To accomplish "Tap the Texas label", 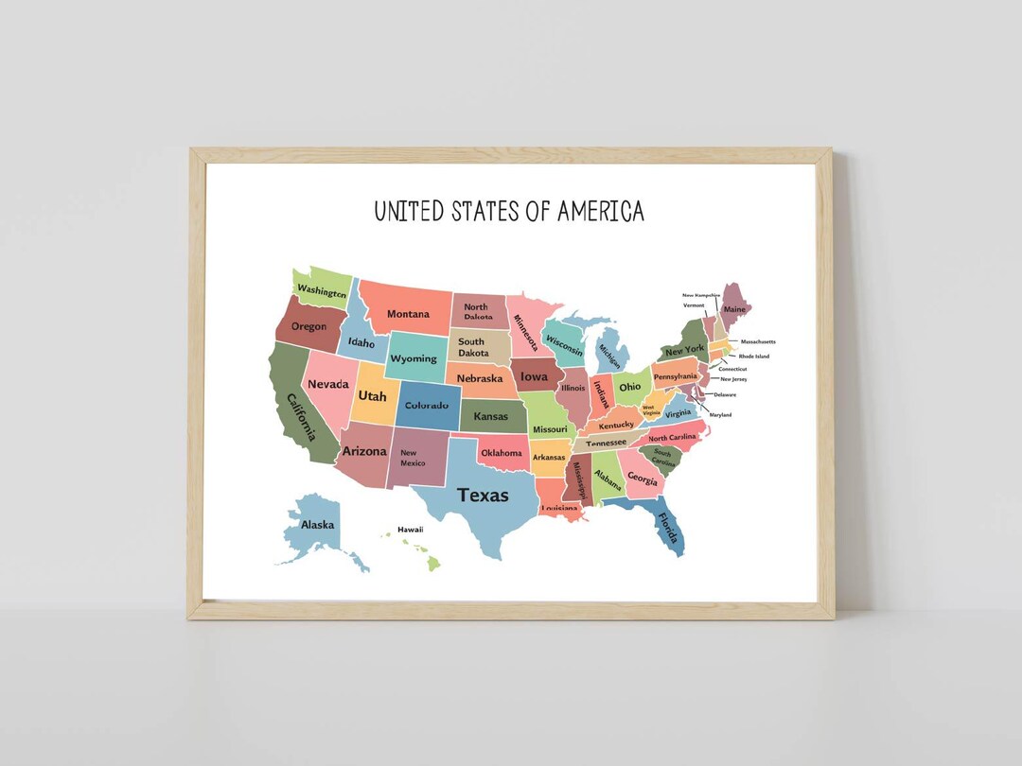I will pos(483,495).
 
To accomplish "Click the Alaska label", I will pos(316,525).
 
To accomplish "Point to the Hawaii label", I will pos(410,530).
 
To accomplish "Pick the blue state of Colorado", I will pos(427,406).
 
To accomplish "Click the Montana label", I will pos(408,314).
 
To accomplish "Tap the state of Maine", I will pos(734,308).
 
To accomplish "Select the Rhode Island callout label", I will pos(754,357).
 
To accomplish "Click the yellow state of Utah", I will pos(372,396).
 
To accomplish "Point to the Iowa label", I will pos(534,376).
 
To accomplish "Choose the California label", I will pos(301,417).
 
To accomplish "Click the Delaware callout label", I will pos(725,394).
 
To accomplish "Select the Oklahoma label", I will pos(502,453).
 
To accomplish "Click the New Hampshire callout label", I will pos(701,295).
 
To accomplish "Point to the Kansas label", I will pos(490,416).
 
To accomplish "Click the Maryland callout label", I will pos(720,415).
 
